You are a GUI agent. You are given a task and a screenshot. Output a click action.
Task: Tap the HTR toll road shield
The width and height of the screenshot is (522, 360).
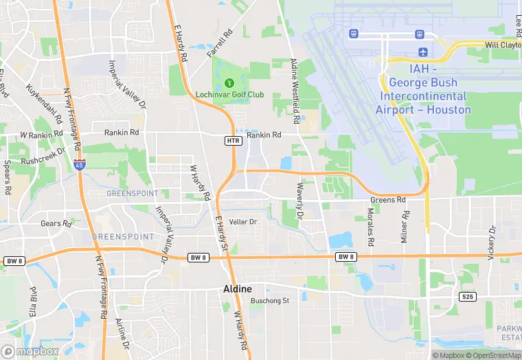(x=233, y=141)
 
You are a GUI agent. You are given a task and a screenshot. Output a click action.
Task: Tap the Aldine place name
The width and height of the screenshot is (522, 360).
(x=238, y=289)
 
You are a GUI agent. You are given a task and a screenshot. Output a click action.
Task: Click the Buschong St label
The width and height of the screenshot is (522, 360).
(x=270, y=300)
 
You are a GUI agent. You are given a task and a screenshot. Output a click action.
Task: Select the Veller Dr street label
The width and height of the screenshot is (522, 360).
(x=242, y=222)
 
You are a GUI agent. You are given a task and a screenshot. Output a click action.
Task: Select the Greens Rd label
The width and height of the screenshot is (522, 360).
(x=388, y=200)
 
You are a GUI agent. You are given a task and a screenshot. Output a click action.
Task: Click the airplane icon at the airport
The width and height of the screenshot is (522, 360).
(x=422, y=52)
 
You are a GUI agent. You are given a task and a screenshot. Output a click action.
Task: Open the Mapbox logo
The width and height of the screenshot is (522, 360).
(x=30, y=351)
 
